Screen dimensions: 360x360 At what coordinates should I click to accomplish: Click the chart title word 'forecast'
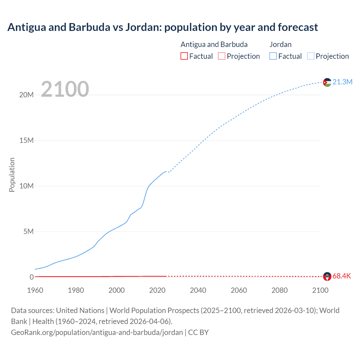pos(298,27)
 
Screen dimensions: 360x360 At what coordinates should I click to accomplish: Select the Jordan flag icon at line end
pos(327,82)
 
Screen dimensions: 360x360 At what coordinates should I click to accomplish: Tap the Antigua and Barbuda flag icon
pos(327,276)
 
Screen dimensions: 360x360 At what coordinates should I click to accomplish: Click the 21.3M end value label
pos(342,82)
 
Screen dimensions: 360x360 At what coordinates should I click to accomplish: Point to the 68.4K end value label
pos(342,276)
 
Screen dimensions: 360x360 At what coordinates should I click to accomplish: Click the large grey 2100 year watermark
pos(65,89)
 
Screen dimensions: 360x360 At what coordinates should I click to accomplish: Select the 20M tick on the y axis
pos(26,95)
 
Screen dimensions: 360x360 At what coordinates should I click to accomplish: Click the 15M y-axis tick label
pos(26,140)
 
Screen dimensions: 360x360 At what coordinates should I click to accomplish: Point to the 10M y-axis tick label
pos(26,186)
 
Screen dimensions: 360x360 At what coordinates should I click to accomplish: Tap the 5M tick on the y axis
pos(28,231)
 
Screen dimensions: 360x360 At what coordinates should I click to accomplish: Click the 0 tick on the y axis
pos(31,277)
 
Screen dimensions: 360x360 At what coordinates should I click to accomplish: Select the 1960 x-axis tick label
pos(35,290)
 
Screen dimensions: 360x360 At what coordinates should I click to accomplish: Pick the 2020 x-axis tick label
pos(157,290)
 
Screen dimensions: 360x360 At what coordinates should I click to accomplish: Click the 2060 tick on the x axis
pos(239,290)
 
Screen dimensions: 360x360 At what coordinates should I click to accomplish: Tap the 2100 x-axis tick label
pos(320,290)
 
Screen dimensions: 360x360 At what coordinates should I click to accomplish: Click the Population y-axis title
pos(12,175)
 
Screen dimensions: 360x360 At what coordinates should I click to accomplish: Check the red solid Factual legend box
pos(184,56)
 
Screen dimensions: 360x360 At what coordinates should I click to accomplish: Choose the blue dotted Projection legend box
pos(311,56)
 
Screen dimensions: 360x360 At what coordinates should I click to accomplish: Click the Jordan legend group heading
pos(280,44)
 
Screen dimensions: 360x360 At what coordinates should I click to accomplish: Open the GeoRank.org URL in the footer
pos(97,332)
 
